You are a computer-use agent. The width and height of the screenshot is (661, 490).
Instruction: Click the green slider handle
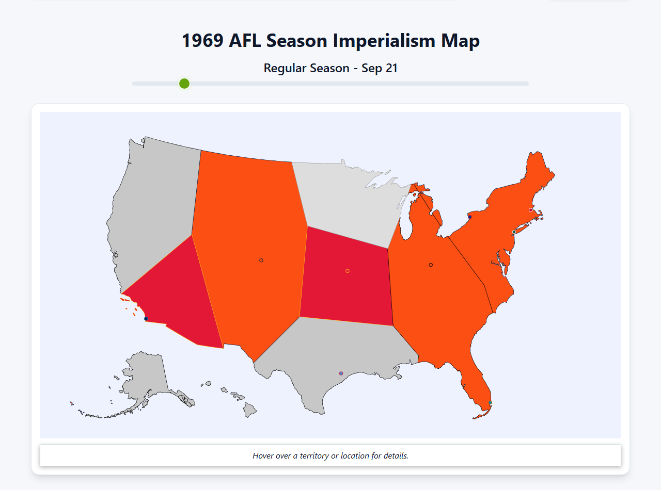pyautogui.click(x=184, y=84)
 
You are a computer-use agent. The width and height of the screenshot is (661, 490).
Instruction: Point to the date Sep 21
pyautogui.click(x=380, y=68)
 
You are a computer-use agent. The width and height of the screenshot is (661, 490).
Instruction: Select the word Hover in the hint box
pyautogui.click(x=263, y=456)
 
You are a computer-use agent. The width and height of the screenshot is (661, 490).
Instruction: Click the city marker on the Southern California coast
pyautogui.click(x=146, y=319)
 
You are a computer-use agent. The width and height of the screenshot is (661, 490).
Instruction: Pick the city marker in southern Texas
pyautogui.click(x=341, y=373)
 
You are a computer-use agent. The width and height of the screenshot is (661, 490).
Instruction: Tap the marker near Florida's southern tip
pyautogui.click(x=490, y=402)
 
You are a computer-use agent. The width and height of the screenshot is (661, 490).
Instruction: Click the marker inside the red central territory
pyautogui.click(x=348, y=271)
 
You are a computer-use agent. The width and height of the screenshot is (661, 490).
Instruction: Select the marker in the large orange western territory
pyautogui.click(x=261, y=260)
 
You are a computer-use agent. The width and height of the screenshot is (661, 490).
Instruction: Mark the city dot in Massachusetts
pyautogui.click(x=530, y=210)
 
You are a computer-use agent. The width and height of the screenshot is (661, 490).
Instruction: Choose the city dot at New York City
pyautogui.click(x=514, y=232)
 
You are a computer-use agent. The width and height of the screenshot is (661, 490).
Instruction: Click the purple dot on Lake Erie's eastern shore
pyautogui.click(x=469, y=217)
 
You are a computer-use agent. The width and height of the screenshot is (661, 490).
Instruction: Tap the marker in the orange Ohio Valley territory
pyautogui.click(x=431, y=265)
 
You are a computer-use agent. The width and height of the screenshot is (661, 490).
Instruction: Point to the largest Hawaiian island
pyautogui.click(x=250, y=411)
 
